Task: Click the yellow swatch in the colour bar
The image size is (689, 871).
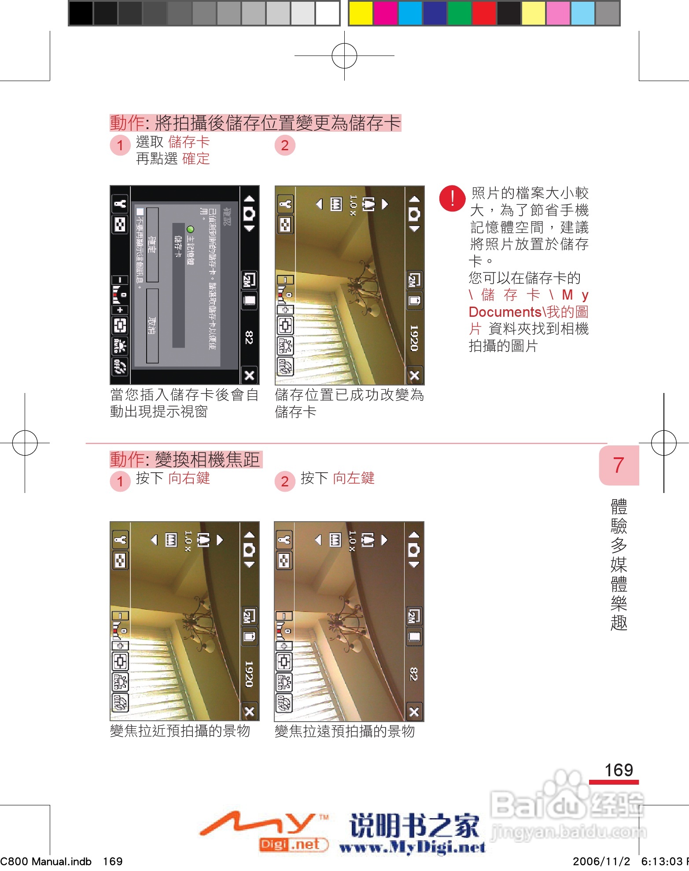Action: [x=361, y=13]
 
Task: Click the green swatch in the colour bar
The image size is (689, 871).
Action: [x=459, y=13]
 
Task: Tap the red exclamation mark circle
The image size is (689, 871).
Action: [x=452, y=199]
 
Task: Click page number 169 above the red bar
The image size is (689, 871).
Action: [x=619, y=770]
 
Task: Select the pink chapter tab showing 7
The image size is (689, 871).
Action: [x=619, y=465]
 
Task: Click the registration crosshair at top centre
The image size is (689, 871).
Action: [x=344, y=56]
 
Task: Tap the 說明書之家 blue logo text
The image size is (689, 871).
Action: [x=414, y=825]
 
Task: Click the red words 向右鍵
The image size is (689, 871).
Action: [x=189, y=478]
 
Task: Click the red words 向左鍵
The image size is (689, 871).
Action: [x=354, y=478]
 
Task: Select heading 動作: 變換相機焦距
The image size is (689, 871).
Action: [x=185, y=460]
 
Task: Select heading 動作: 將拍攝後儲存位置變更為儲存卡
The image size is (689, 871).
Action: [x=255, y=123]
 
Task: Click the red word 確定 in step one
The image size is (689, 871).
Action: [x=196, y=159]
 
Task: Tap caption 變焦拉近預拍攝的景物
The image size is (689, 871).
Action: [x=180, y=731]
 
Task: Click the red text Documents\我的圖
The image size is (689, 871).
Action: [x=528, y=312]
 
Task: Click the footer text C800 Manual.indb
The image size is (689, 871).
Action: [x=46, y=861]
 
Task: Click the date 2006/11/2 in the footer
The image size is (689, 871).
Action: [x=601, y=861]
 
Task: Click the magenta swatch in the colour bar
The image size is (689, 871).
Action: [x=385, y=13]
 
